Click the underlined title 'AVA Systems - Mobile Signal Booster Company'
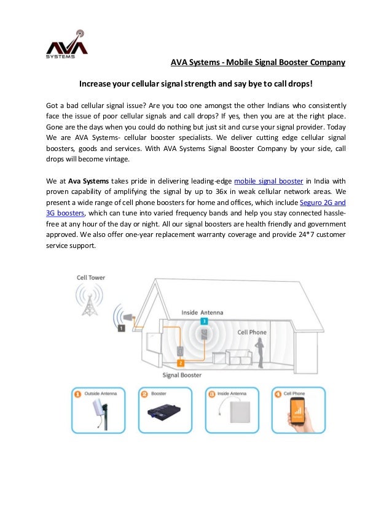point(257,62)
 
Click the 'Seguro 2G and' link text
point(322,203)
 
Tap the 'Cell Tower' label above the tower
point(90,277)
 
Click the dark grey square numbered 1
point(121,328)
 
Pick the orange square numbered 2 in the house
point(181,363)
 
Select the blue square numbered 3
point(204,321)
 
